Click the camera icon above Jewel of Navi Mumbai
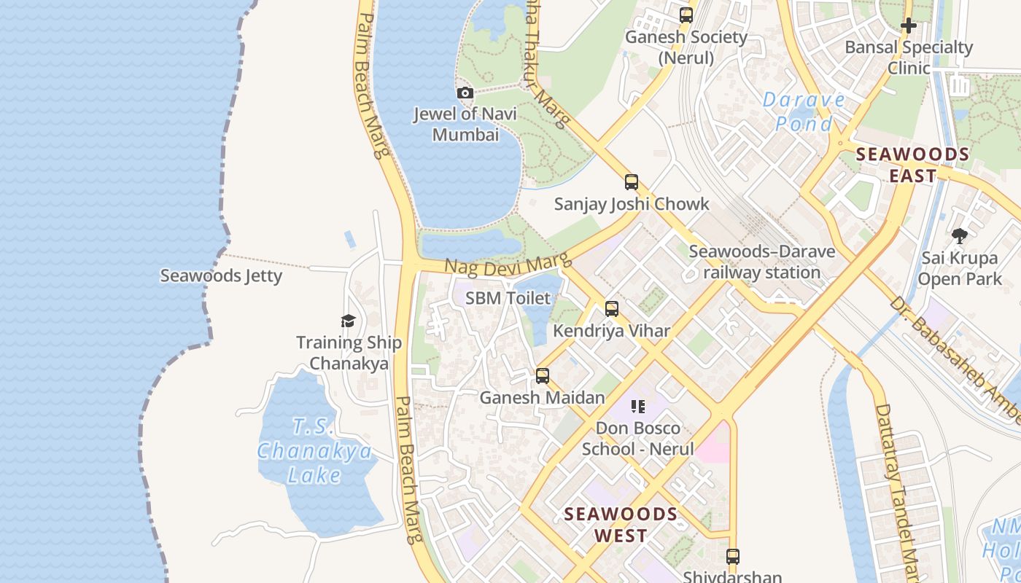465,93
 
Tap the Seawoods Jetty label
220,275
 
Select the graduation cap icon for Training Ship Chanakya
348,321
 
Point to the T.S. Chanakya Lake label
314,451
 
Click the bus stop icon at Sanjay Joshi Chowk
632,182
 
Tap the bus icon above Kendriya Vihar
612,309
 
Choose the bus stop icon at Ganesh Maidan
543,376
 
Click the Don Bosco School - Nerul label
637,438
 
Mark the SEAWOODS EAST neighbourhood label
912,165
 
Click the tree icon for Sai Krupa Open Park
959,236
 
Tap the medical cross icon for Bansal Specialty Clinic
908,26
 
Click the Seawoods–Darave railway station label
762,262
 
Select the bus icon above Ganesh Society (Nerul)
686,15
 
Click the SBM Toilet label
508,297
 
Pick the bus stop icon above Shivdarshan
733,557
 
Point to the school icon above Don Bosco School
638,407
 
